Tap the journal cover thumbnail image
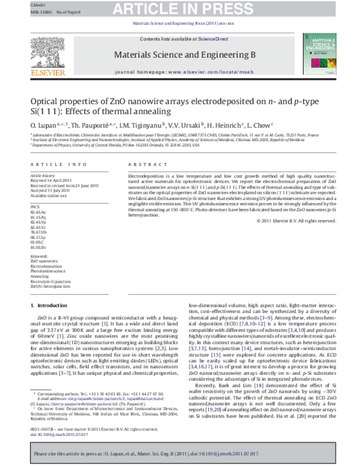(317, 55)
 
